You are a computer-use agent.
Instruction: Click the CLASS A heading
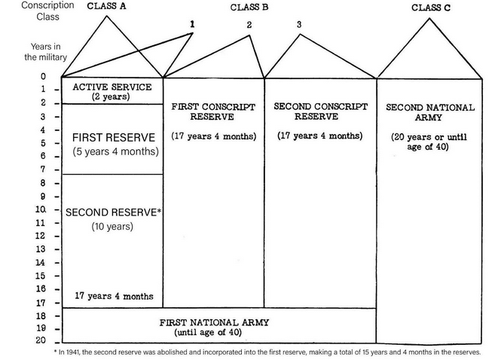[x=106, y=6]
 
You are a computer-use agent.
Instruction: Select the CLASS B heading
[x=249, y=8]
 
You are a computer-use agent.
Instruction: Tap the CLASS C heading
[x=431, y=8]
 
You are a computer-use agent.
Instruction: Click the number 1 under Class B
[x=192, y=24]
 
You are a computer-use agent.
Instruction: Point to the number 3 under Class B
[x=299, y=24]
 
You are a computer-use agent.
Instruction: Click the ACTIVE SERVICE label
[x=112, y=87]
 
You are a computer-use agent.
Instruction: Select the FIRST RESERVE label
[x=114, y=138]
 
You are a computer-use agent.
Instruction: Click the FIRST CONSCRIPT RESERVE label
[x=213, y=111]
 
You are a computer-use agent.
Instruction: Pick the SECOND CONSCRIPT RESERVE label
[x=320, y=111]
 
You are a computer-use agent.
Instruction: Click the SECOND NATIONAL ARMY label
[x=430, y=112]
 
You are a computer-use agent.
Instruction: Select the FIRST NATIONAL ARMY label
[x=214, y=322]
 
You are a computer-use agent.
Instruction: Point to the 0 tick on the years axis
[x=43, y=76]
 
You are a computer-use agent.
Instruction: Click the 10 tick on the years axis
[x=41, y=209]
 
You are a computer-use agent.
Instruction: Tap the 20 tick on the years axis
[x=41, y=340]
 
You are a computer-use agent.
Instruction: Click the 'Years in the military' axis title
[x=45, y=52]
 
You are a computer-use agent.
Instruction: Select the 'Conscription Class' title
[x=47, y=11]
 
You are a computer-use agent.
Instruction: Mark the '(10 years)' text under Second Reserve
[x=112, y=227]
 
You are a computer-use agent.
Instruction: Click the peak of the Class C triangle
[x=429, y=18]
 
